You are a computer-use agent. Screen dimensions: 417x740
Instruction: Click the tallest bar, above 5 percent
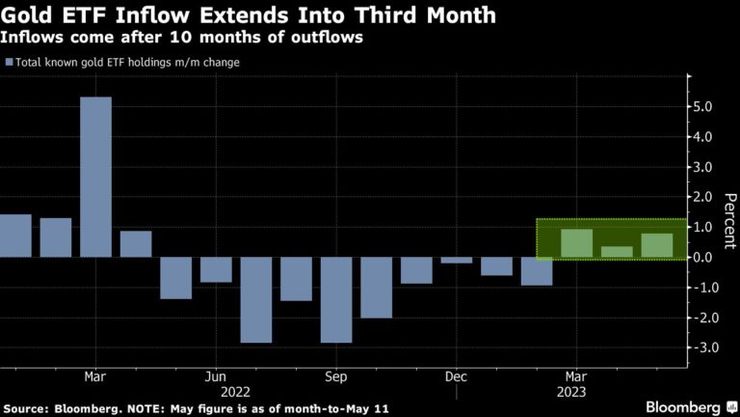[95, 177]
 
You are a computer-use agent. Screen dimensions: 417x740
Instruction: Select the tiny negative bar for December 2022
[457, 260]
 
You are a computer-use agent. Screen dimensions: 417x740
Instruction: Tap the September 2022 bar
[336, 299]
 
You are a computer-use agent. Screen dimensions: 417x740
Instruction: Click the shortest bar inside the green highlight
[617, 251]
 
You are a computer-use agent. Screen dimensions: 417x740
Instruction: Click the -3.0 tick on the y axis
[703, 347]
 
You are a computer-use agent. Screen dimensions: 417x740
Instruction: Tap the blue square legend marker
[9, 63]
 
